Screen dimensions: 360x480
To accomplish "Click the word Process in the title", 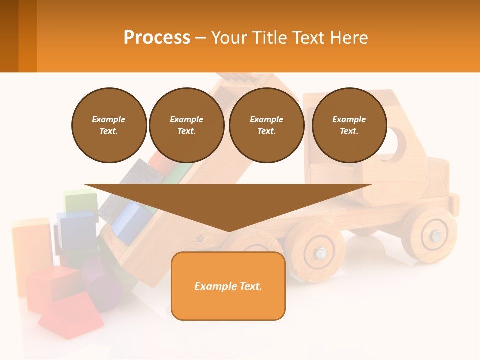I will click(x=157, y=38).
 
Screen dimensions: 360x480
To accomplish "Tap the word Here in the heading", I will click(x=348, y=38).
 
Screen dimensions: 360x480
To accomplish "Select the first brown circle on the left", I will click(x=109, y=125).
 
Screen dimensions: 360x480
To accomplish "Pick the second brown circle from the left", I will click(x=186, y=125).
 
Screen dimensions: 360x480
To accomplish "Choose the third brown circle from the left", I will click(x=266, y=125).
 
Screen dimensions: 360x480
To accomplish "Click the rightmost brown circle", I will click(x=349, y=125).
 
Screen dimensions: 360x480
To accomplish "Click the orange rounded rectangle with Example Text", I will click(x=228, y=286).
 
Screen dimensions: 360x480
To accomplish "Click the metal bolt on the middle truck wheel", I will click(x=320, y=253).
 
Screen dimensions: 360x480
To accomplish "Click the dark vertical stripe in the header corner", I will click(x=9, y=36).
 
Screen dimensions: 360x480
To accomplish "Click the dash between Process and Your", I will click(x=201, y=38).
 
